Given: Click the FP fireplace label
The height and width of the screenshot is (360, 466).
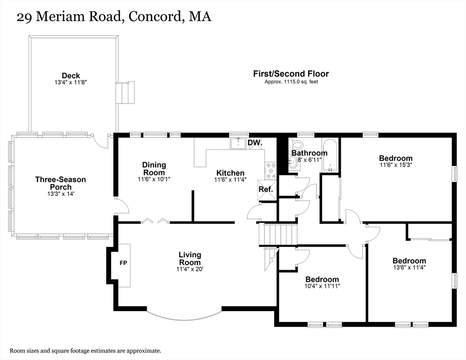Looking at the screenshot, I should tap(123, 263).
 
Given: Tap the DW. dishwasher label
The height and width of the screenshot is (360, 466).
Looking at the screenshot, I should tap(254, 142).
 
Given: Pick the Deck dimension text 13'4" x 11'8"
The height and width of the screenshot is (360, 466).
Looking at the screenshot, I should tap(71, 82).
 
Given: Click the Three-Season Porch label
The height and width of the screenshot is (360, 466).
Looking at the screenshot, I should tap(60, 183).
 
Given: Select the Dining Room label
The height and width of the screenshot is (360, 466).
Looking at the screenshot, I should tap(154, 168).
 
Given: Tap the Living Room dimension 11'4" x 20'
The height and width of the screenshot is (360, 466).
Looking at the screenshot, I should tap(190, 269).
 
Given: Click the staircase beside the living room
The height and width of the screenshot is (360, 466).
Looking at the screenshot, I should tap(279, 234).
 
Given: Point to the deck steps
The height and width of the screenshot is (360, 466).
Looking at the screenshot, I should tap(125, 93).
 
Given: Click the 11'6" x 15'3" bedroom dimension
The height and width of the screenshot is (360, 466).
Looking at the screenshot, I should tap(396, 165).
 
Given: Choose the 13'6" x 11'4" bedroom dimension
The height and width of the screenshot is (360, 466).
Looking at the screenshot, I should tap(409, 268).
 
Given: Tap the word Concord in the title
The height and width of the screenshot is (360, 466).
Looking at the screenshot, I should tap(154, 17).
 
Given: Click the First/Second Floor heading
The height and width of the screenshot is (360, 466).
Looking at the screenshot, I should tap(291, 74).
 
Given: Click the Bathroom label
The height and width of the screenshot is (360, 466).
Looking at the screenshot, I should tap(309, 153).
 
